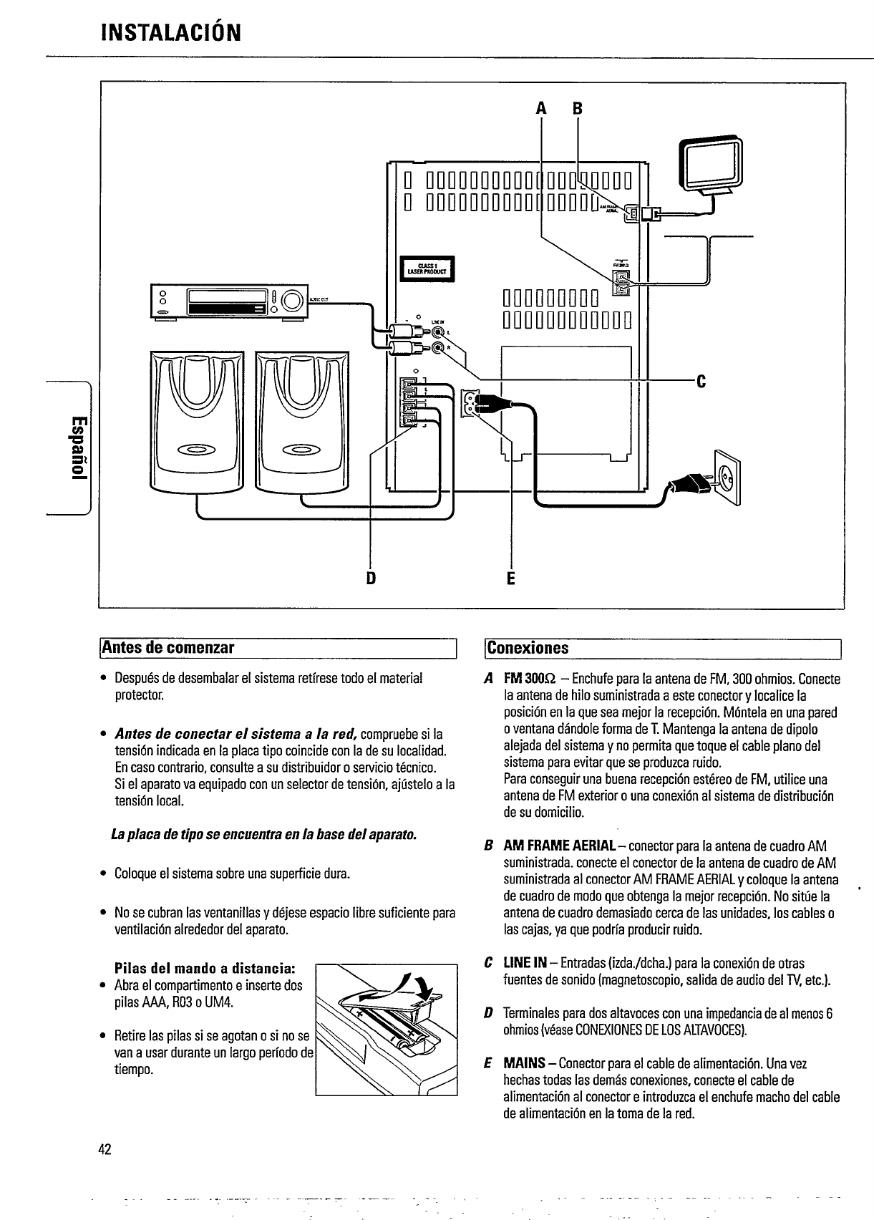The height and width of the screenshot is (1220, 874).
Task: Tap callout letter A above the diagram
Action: coord(541,109)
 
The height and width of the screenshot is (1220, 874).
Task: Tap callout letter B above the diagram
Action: coord(577,109)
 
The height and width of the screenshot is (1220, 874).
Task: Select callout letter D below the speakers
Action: coord(371,577)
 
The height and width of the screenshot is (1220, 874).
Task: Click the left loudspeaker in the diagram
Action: coord(197,421)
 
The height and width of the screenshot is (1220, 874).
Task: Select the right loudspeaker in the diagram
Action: coord(302,421)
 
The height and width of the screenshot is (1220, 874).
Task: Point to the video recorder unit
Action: coord(228,301)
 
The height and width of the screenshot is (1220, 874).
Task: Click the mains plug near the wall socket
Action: coord(689,485)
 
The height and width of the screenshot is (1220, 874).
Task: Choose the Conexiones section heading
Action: coord(528,649)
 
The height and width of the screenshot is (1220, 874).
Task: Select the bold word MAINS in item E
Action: coord(528,1065)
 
